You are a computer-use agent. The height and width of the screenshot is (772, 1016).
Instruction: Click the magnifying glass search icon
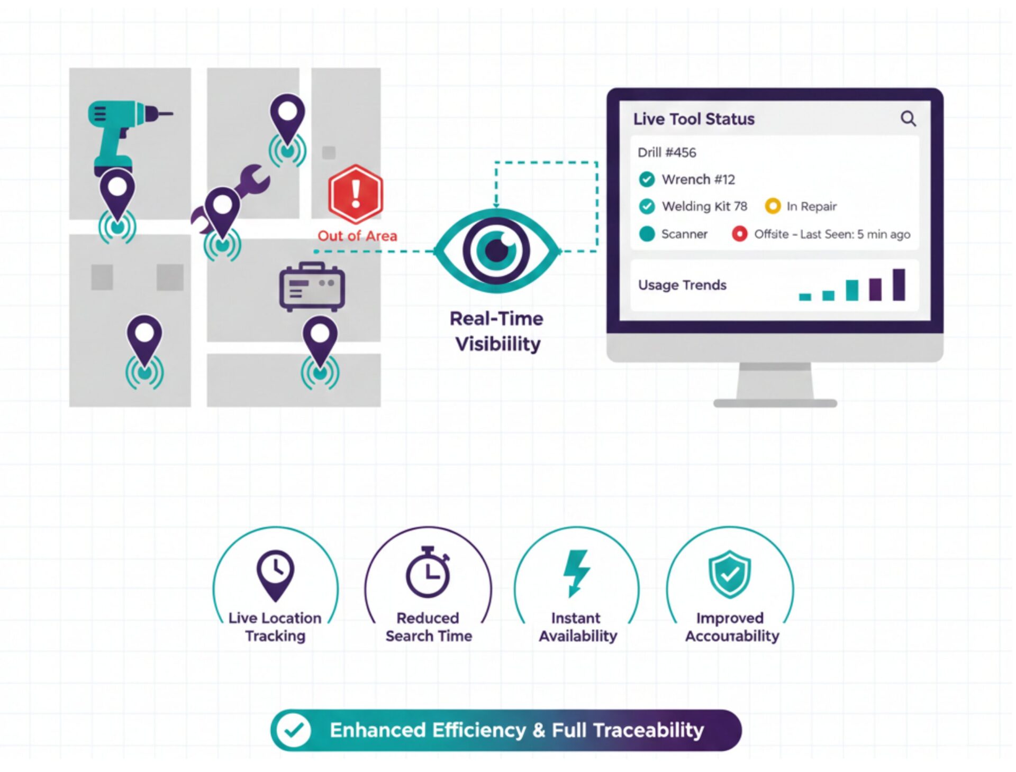coord(908,118)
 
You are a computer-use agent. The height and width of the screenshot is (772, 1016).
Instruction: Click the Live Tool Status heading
coord(694,119)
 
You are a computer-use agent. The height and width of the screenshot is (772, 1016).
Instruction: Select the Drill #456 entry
coord(667,153)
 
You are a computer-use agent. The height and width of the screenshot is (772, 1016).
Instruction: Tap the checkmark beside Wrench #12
coord(646,180)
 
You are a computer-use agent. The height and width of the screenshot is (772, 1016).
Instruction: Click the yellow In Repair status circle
coord(773,206)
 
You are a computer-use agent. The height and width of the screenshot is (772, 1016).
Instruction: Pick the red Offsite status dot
coord(739,234)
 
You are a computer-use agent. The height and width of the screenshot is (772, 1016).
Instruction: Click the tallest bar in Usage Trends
coord(899,284)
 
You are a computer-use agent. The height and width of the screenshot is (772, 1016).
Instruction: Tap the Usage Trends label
coord(682,285)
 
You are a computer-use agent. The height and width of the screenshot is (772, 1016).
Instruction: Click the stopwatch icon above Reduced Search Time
coord(428,573)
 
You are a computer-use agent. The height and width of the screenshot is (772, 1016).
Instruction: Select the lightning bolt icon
coord(576,573)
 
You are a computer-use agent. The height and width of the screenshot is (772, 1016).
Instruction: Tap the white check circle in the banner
coord(294,730)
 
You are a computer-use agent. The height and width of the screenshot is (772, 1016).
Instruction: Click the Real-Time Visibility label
coord(497,331)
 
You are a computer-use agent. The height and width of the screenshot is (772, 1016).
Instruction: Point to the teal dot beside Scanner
coord(647,234)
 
